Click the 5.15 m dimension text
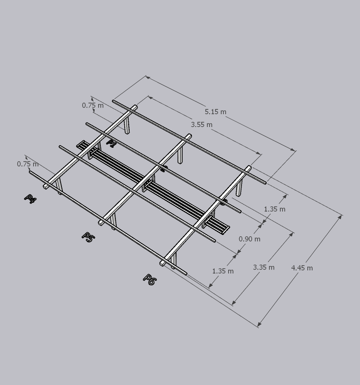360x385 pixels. (x=215, y=112)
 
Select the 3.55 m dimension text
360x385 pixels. (x=202, y=124)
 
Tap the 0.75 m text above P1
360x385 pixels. (x=93, y=105)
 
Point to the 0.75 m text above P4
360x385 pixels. (x=28, y=164)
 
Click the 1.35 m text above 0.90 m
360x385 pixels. (x=275, y=209)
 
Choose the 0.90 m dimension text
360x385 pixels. (x=249, y=239)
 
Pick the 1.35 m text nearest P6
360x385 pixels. (x=223, y=271)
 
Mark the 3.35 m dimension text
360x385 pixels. (x=264, y=267)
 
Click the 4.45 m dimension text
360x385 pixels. (x=302, y=268)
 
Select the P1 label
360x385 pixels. (x=111, y=143)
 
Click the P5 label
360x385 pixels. (x=88, y=237)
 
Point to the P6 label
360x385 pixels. (x=149, y=280)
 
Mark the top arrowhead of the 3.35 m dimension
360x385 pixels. (x=292, y=235)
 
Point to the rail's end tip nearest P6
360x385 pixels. (x=186, y=273)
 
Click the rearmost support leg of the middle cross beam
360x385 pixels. (x=180, y=156)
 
